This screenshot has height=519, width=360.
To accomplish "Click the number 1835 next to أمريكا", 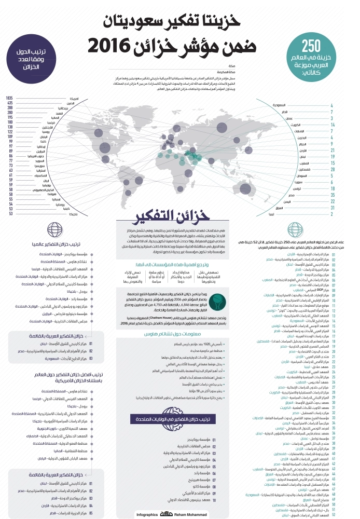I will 9,98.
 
